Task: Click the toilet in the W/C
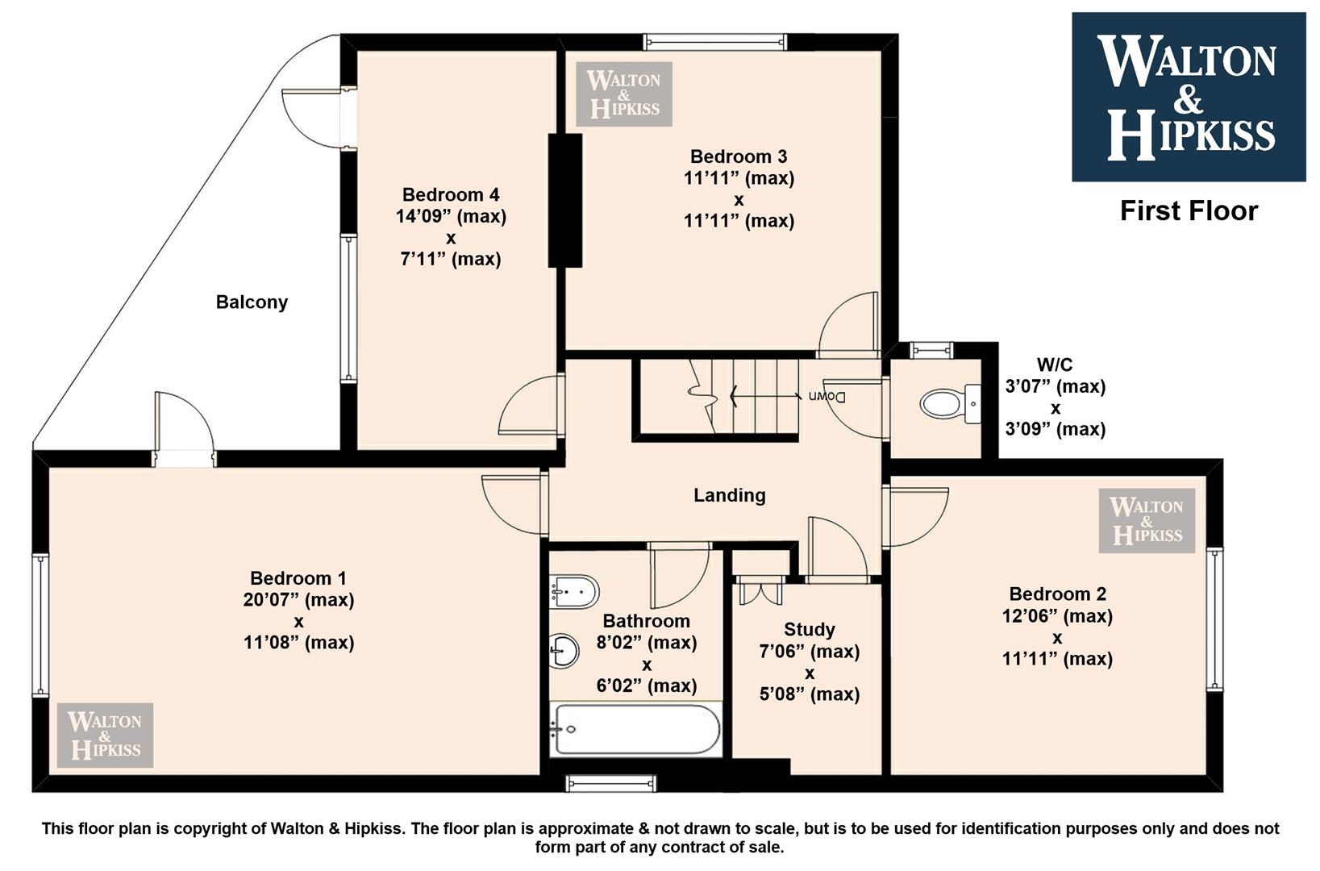point(949,404)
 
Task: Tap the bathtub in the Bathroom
point(635,730)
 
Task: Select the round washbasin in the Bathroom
point(564,651)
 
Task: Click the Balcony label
point(252,302)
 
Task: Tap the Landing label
point(730,495)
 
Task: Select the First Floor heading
point(1189,211)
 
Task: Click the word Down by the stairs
point(827,397)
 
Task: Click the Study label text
point(809,629)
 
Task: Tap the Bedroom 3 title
point(739,156)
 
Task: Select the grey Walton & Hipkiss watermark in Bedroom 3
point(624,94)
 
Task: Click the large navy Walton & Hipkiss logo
point(1189,97)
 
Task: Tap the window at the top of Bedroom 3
point(714,42)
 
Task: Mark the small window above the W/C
point(931,350)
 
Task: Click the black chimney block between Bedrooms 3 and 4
point(565,200)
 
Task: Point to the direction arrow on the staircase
point(765,395)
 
